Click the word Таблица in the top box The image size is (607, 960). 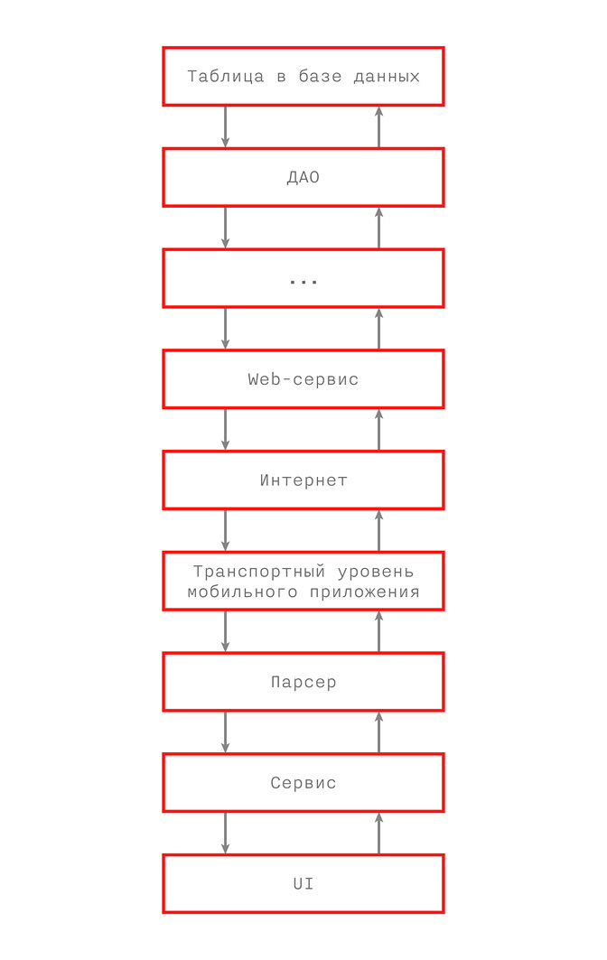(226, 77)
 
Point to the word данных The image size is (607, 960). (387, 77)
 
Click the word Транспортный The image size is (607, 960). (259, 572)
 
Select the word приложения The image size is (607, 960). (364, 592)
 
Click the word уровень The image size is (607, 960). (376, 572)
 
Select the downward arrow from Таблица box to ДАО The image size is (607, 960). (226, 126)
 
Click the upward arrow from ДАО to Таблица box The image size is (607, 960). (378, 126)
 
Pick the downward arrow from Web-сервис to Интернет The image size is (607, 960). (226, 430)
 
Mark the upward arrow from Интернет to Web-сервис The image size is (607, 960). (378, 430)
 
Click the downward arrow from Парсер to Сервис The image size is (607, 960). (226, 732)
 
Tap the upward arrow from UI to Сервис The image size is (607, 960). (378, 834)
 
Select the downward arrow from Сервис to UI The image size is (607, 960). (226, 834)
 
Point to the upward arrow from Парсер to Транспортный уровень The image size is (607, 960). (378, 631)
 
